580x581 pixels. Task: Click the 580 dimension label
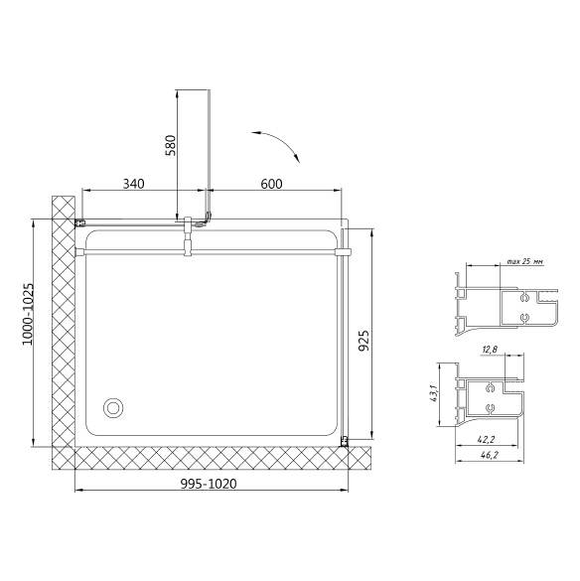click(x=170, y=145)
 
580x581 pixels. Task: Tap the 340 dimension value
click(x=133, y=184)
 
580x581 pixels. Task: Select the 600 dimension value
click(x=271, y=184)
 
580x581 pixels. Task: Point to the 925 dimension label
click(x=364, y=340)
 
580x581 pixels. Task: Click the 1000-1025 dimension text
click(x=28, y=314)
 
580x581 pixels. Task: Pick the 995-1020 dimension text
click(x=209, y=484)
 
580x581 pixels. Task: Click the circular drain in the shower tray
click(x=112, y=408)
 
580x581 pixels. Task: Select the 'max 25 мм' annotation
click(x=525, y=261)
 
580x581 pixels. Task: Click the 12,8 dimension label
click(x=490, y=349)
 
